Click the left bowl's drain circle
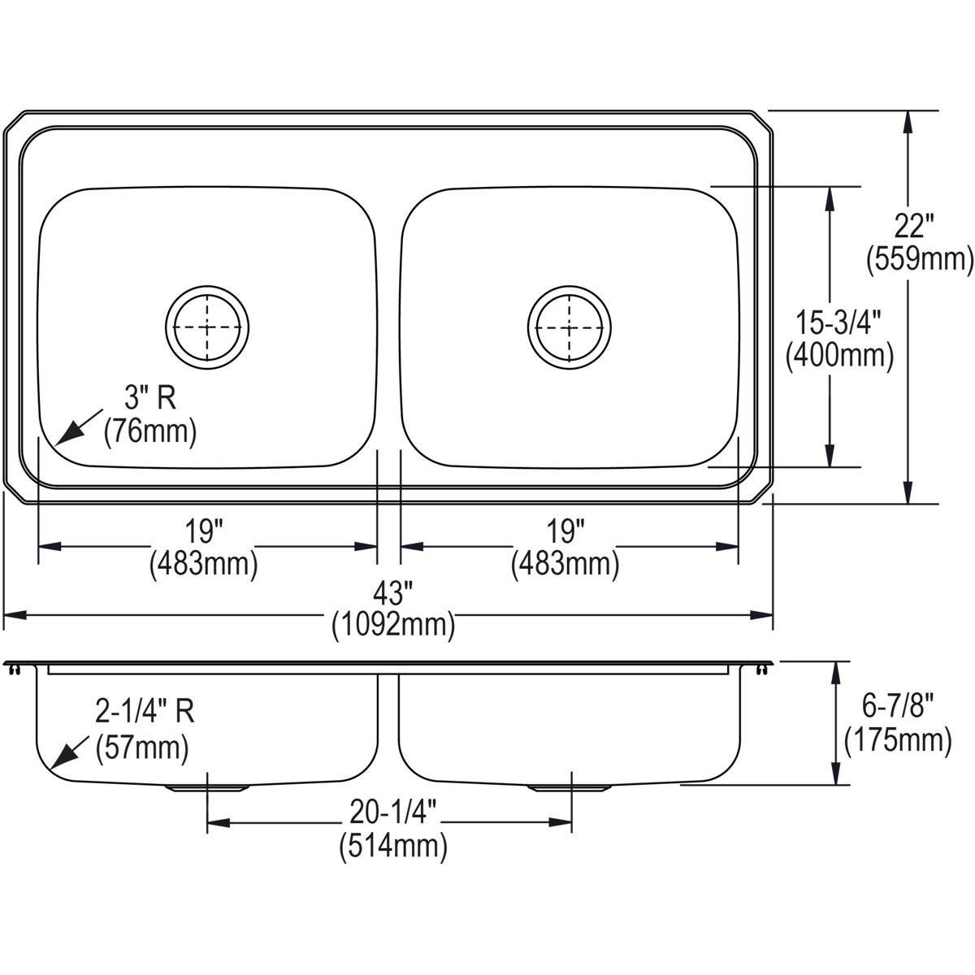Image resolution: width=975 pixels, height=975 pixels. [x=207, y=327]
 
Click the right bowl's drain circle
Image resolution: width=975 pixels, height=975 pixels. [x=570, y=327]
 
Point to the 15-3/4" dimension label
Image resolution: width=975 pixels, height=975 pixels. [x=839, y=322]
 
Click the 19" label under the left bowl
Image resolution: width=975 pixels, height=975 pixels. [x=203, y=532]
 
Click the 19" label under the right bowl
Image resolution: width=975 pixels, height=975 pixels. [x=565, y=532]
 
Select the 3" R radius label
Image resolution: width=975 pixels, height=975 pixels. [x=149, y=399]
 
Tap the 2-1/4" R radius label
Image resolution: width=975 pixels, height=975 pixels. [x=145, y=713]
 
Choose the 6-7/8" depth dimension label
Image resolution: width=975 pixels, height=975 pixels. [x=898, y=707]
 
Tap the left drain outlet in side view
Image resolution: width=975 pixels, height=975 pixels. [x=207, y=787]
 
